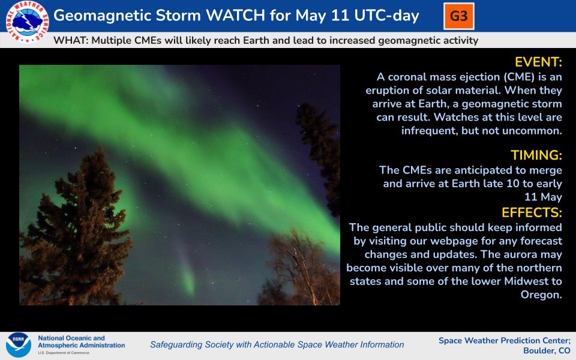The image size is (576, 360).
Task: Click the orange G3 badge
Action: [x=459, y=16]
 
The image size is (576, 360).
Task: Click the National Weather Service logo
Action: [x=27, y=22]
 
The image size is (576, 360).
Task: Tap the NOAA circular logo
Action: [x=19, y=344]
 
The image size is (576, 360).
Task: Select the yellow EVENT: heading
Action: [x=538, y=62]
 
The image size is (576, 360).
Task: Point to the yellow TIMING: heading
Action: [x=536, y=155]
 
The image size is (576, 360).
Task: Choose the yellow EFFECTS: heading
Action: [x=532, y=212]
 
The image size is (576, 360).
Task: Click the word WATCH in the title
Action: [x=235, y=16]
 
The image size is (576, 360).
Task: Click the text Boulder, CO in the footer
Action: [x=547, y=350]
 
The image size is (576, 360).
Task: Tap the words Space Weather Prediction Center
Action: [x=503, y=341]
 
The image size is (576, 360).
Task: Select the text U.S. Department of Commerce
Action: [x=64, y=353]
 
